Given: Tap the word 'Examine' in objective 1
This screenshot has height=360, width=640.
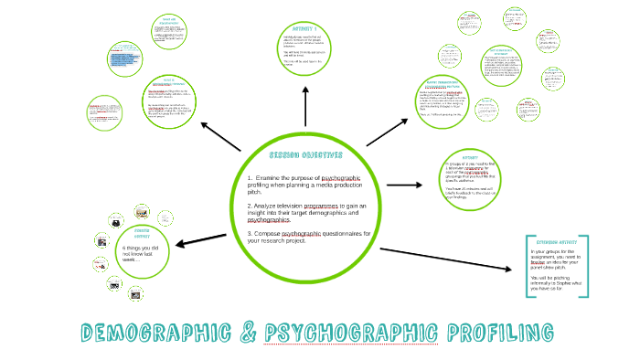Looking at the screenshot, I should tap(272, 177).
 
